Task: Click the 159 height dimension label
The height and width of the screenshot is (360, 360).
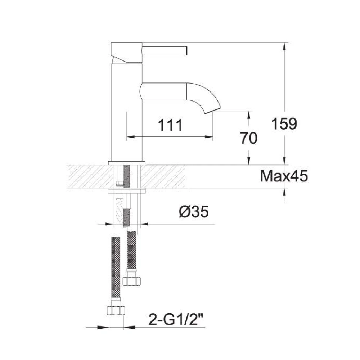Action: pyautogui.click(x=284, y=124)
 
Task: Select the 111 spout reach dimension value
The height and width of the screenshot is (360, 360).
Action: pyautogui.click(x=170, y=125)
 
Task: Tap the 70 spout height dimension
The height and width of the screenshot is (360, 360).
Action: pyautogui.click(x=249, y=138)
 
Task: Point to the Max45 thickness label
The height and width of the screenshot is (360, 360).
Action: pyautogui.click(x=284, y=176)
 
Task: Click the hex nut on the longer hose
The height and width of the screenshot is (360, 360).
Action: pyautogui.click(x=116, y=311)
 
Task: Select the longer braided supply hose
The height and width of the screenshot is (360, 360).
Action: pyautogui.click(x=116, y=268)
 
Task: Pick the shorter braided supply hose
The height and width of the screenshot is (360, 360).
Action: pyautogui.click(x=132, y=252)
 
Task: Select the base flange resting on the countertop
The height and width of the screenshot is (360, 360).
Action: pyautogui.click(x=127, y=162)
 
